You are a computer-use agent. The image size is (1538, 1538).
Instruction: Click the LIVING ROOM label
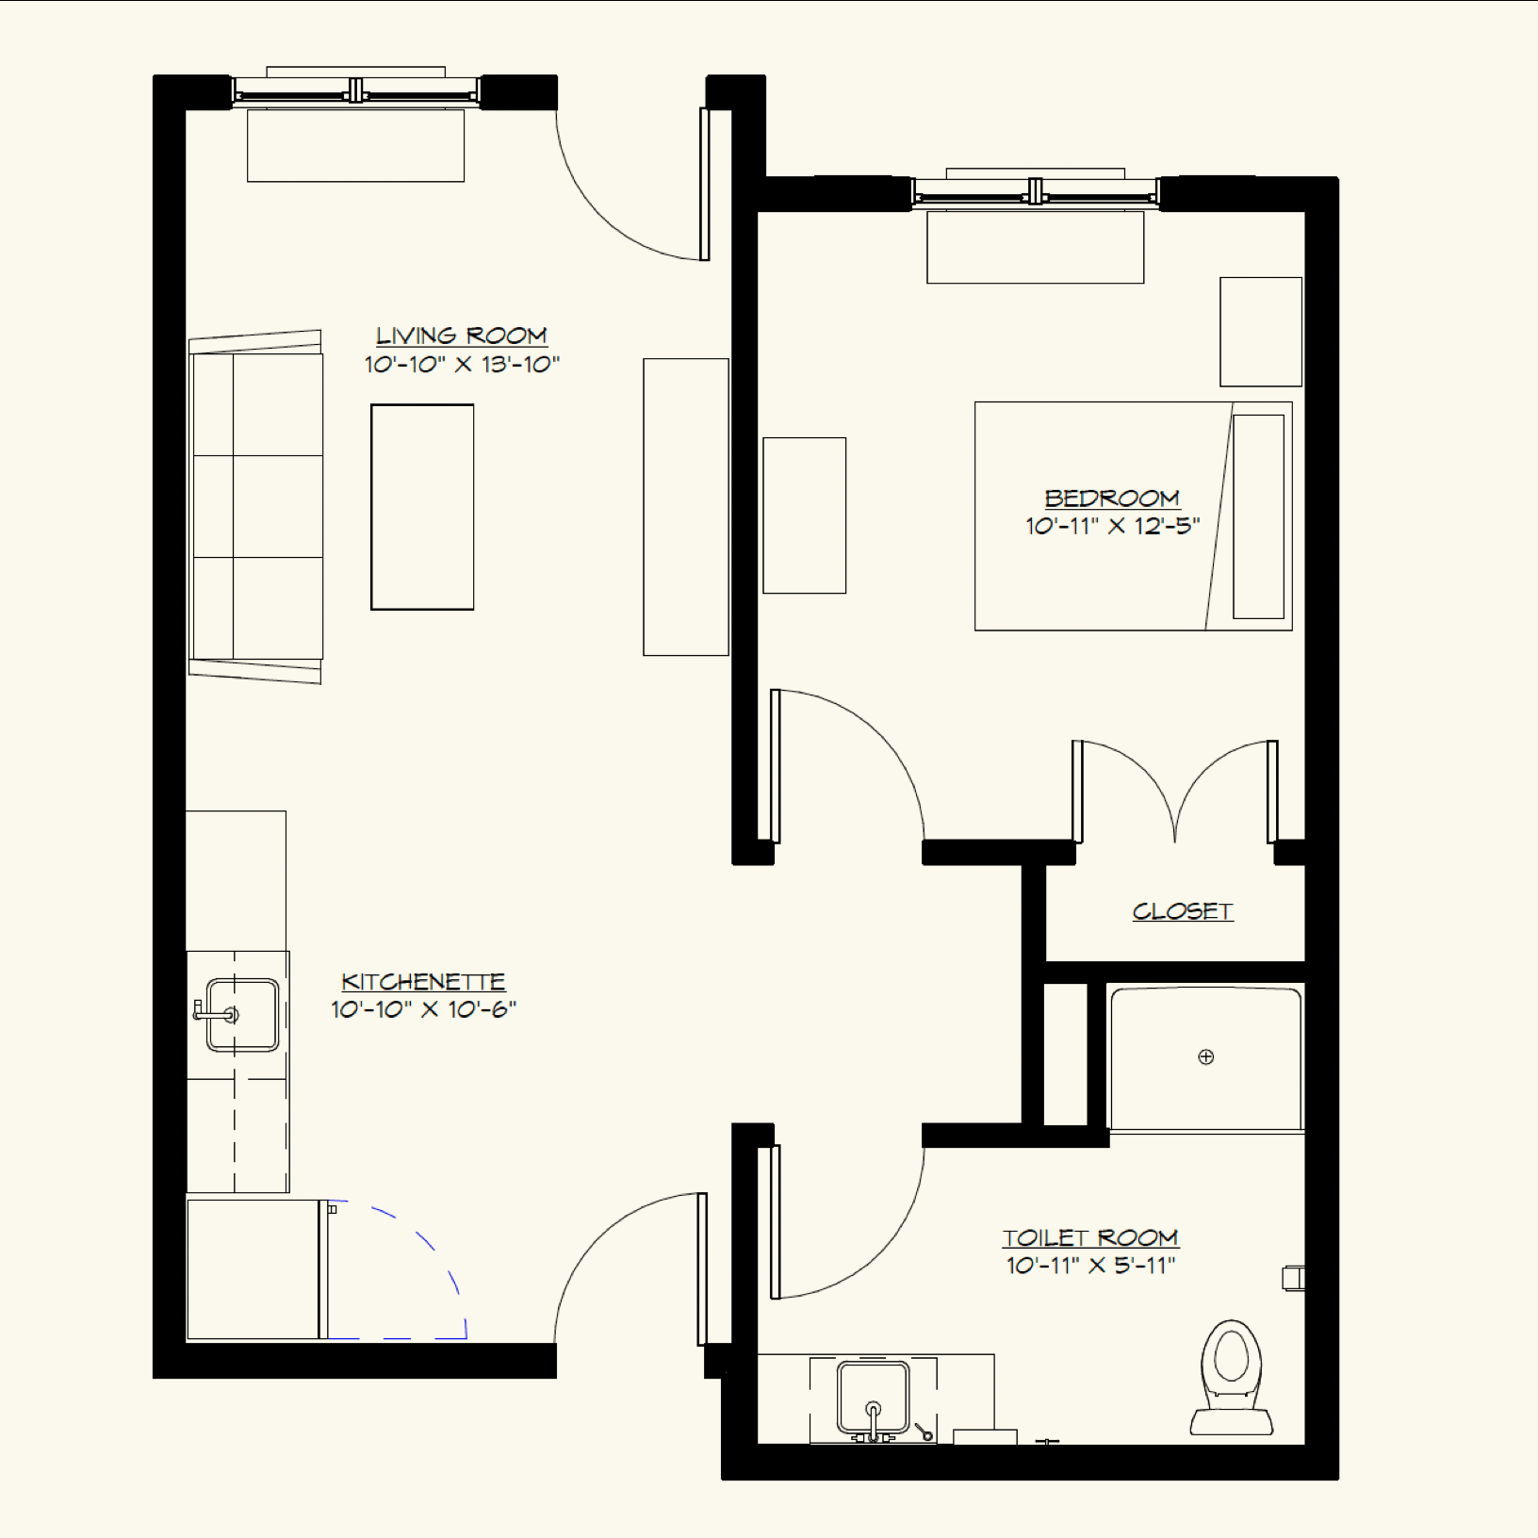tap(461, 335)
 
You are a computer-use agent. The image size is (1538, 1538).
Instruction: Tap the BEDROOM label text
tap(1112, 498)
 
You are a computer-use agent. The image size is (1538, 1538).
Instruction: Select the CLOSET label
tap(1182, 911)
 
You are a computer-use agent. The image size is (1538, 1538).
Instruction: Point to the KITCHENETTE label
tap(423, 981)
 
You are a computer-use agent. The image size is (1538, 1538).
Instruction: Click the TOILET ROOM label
tap(1090, 1237)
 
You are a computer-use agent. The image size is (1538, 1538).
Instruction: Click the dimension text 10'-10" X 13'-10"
tap(462, 365)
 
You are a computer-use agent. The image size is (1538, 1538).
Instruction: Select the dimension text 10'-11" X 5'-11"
tap(1090, 1266)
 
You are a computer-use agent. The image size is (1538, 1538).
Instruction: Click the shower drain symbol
tap(1205, 1056)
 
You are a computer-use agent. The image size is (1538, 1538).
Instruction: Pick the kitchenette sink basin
tap(243, 1015)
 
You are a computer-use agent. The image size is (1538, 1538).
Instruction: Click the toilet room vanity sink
tap(873, 1398)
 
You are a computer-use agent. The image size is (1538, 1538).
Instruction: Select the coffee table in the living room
tap(422, 507)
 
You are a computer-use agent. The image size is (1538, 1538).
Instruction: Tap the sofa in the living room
tap(256, 506)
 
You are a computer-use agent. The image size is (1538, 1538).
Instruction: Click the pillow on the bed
tap(1258, 516)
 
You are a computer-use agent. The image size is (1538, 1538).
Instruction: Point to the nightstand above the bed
tap(1260, 332)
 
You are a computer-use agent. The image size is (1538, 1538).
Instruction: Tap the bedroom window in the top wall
tap(1035, 192)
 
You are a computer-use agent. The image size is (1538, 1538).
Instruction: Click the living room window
tap(355, 91)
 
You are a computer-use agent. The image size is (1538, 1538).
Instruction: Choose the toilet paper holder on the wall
tap(1294, 1278)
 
